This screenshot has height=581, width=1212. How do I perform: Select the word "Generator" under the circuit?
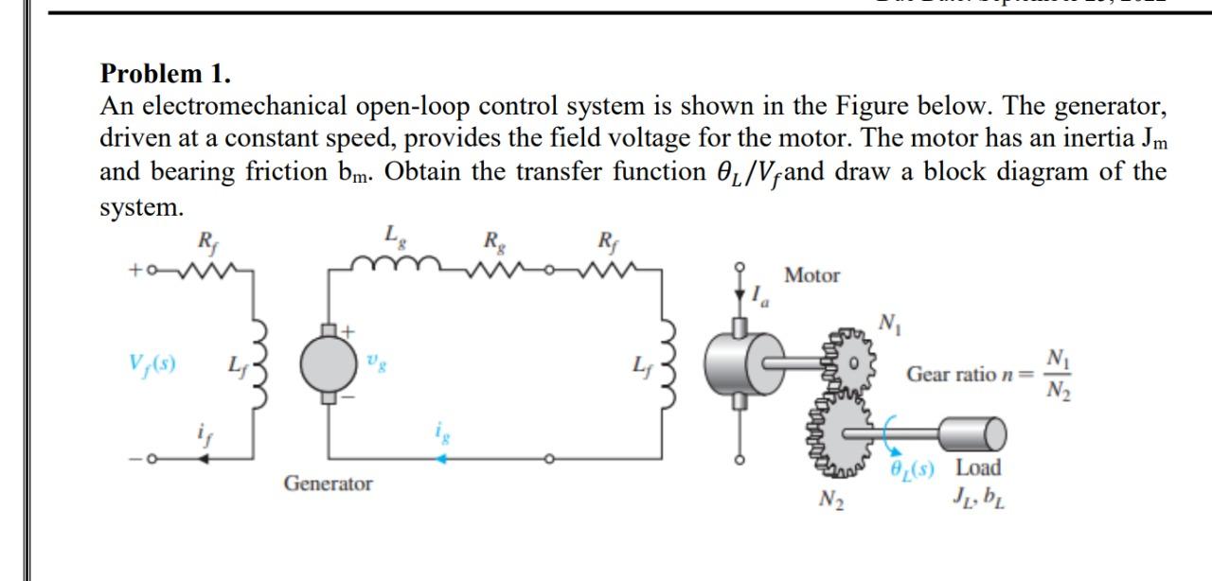coord(329,484)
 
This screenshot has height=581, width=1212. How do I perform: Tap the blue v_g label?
coord(377,360)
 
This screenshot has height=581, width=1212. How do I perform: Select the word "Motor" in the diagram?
coord(812,276)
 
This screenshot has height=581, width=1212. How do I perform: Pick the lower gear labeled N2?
coord(844,436)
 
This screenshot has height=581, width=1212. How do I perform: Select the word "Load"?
coord(979,467)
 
